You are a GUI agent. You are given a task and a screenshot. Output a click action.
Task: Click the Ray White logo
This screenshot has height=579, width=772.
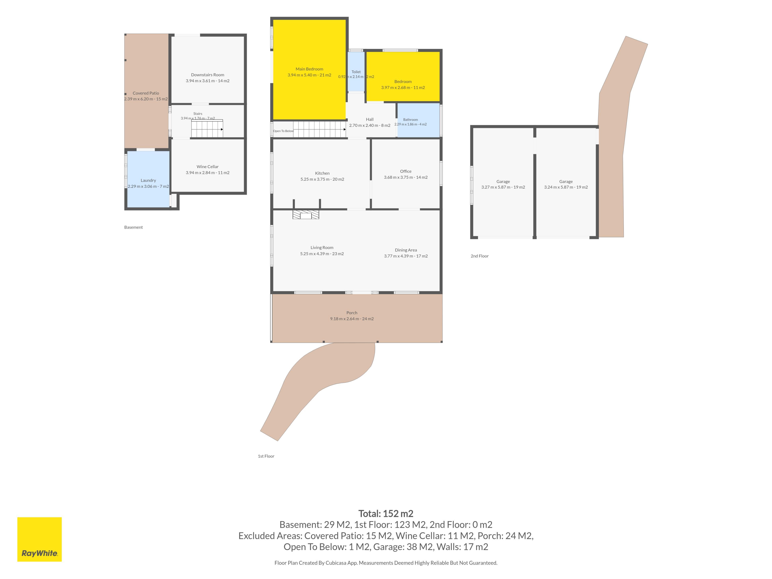coord(39,539)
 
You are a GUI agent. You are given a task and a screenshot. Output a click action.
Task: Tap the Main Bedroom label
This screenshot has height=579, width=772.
coord(309,69)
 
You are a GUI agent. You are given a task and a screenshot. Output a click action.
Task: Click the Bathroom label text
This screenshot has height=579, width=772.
coord(411,120)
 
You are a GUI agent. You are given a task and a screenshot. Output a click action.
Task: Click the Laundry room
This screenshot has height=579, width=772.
coord(148,179)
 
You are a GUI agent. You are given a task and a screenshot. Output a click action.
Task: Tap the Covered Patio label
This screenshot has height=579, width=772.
coord(146,93)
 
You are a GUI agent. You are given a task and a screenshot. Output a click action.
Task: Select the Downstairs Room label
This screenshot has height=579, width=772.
coord(208,75)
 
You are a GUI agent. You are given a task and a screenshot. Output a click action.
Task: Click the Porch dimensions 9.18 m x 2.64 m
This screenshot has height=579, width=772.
coord(352,319)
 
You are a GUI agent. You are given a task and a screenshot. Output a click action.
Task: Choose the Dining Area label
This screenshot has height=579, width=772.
coord(406,250)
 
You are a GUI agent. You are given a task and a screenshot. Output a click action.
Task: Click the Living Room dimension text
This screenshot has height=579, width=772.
coord(322,254)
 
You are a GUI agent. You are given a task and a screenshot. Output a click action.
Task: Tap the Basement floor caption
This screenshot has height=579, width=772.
coord(133,227)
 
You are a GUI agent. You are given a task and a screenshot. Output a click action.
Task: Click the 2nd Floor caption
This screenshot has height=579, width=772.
coord(479,256)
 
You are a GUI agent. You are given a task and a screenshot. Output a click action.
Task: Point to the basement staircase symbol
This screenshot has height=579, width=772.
coord(207,128)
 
